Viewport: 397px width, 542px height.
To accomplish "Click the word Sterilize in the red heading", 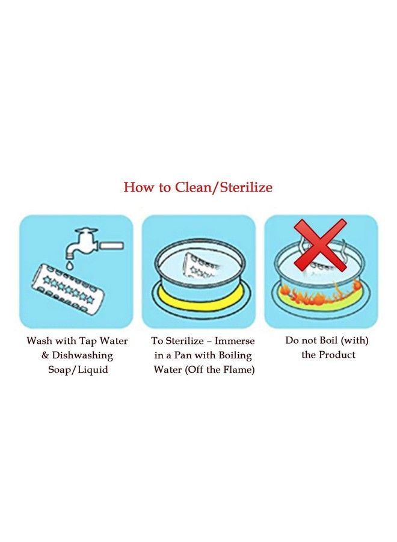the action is [x=246, y=187].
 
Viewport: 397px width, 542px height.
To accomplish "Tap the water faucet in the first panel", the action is [x=82, y=243].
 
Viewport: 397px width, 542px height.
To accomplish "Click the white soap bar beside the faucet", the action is [x=112, y=246].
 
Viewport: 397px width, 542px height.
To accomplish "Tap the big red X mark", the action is [x=320, y=245].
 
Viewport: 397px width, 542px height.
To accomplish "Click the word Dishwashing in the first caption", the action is [x=82, y=355].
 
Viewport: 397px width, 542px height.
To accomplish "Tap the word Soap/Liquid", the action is [x=78, y=370].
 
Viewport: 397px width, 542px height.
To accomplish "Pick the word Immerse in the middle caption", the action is [x=235, y=341].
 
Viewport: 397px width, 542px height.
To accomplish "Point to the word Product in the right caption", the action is [x=337, y=355].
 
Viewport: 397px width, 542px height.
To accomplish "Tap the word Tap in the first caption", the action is [x=88, y=341].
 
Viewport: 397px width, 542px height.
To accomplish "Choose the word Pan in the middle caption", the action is [x=183, y=355].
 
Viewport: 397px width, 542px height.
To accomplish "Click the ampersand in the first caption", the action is [x=45, y=355].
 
